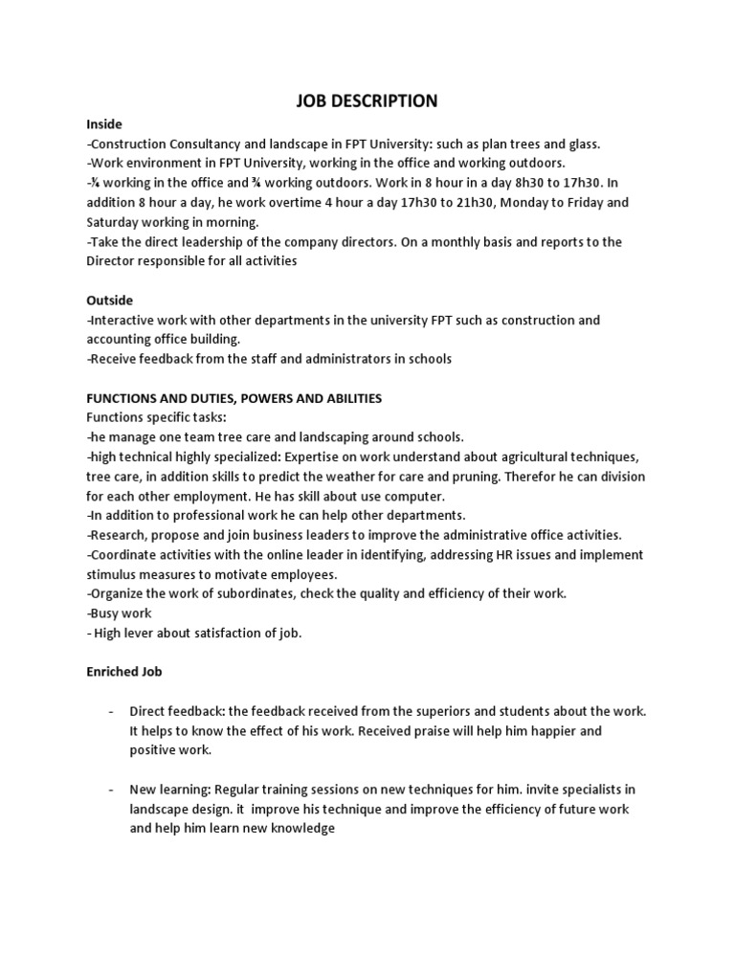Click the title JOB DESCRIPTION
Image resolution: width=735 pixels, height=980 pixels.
(367, 100)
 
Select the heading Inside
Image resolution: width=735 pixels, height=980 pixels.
(104, 124)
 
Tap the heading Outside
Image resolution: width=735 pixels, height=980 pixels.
(110, 301)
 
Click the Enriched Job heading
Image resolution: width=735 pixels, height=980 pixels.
(124, 672)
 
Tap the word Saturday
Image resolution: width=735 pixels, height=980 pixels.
(117, 222)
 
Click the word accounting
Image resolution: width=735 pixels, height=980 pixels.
(120, 340)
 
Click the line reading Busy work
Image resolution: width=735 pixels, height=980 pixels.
(119, 612)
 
